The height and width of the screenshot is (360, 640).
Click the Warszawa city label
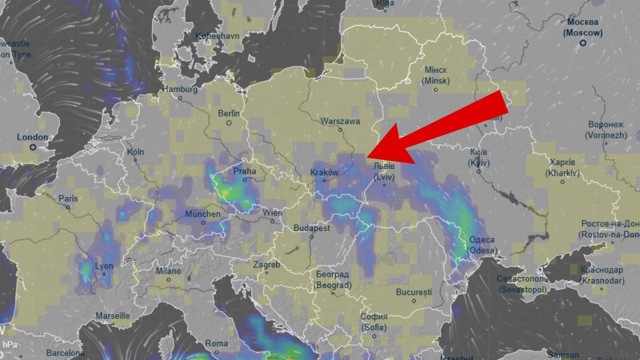click(x=340, y=121)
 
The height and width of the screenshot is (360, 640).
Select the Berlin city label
click(x=229, y=113)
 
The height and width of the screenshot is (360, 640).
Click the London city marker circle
click(x=33, y=147)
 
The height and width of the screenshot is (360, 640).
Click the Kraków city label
click(x=324, y=172)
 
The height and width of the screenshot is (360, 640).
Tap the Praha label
click(x=245, y=171)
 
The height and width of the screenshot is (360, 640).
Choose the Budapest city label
click(x=311, y=228)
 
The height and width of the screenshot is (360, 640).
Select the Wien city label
click(x=272, y=213)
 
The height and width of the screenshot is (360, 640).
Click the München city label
click(x=203, y=214)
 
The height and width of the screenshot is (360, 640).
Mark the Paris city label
click(x=68, y=198)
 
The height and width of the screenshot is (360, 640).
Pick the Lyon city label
click(x=103, y=266)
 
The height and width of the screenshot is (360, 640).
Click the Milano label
click(x=168, y=271)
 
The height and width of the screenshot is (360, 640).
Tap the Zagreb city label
click(x=267, y=265)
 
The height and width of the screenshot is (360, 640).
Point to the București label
click(x=414, y=292)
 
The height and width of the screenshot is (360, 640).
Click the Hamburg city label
click(x=180, y=89)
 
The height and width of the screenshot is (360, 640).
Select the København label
click(x=218, y=36)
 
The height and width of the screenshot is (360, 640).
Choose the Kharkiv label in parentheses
click(x=562, y=173)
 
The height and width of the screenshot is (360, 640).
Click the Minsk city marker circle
click(x=436, y=90)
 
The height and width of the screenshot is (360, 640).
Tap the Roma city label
click(x=217, y=343)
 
